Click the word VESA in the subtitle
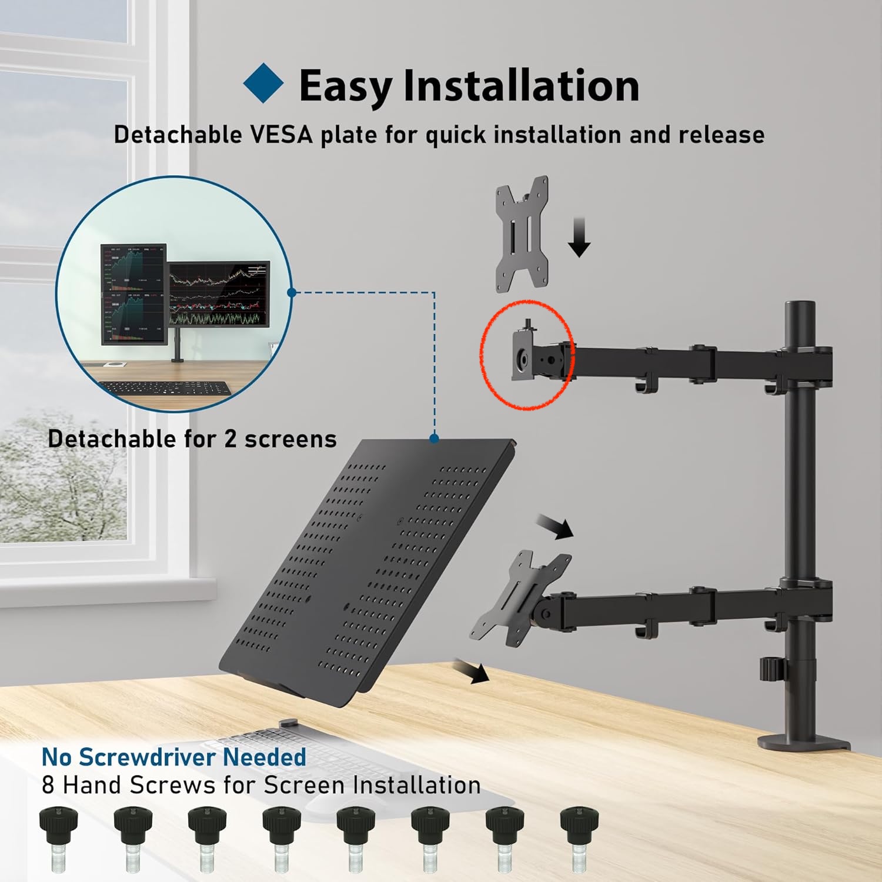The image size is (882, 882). (x=281, y=135)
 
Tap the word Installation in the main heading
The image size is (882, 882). (x=521, y=86)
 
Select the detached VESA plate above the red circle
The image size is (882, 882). (x=522, y=233)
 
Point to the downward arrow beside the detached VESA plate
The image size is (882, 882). (x=580, y=237)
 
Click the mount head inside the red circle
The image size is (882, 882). (x=524, y=355)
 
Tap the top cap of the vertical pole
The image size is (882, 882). (x=800, y=309)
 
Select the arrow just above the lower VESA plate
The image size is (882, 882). (x=557, y=526)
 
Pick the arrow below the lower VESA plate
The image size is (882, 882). (x=473, y=671)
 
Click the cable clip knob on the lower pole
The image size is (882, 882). (x=769, y=669)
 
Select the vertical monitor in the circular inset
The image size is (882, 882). (x=133, y=293)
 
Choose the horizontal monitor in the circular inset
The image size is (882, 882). (x=219, y=294)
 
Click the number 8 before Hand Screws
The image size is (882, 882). (x=48, y=786)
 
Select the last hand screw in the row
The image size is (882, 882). (x=579, y=838)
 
